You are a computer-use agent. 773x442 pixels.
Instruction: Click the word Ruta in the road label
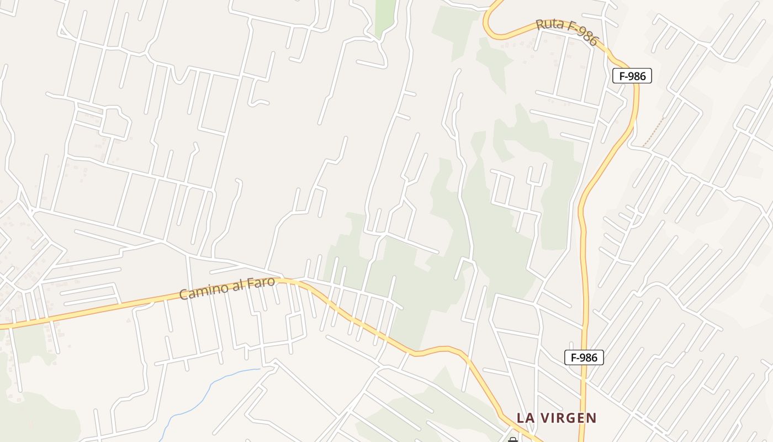coord(549,25)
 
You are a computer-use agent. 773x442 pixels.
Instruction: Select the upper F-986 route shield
coord(632,76)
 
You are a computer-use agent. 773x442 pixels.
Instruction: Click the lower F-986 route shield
coord(584,357)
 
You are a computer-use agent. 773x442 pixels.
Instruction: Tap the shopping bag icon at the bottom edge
coord(512,440)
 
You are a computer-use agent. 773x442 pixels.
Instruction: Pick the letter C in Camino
coord(183,294)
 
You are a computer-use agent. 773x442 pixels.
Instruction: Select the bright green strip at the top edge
coord(385,17)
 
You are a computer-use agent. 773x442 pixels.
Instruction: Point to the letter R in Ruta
coord(541,24)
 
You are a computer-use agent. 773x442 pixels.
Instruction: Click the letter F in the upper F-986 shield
coord(622,76)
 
